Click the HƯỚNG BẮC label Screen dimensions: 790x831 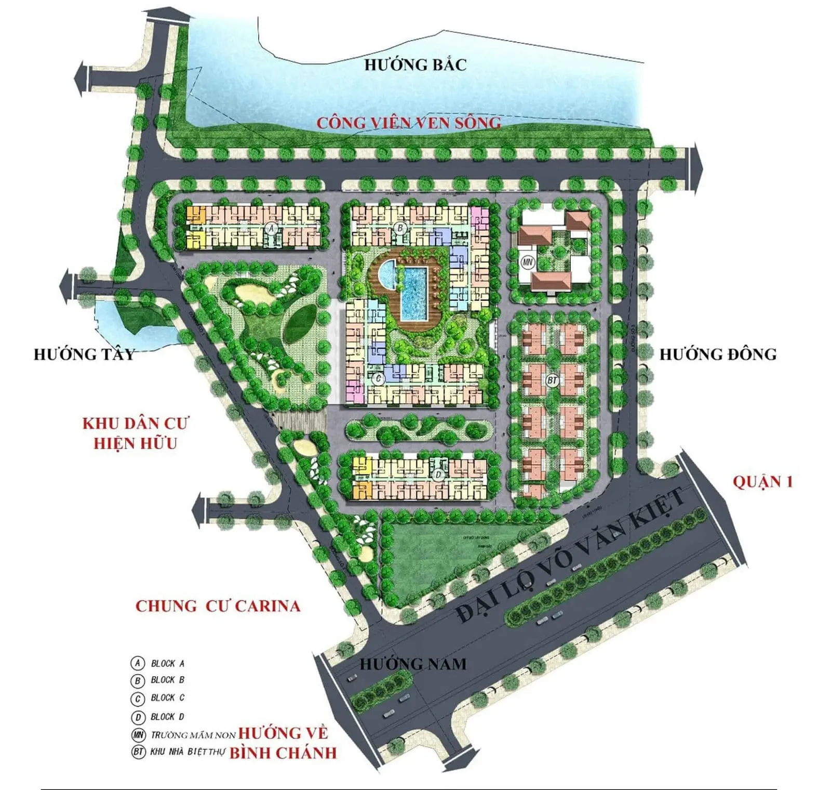pyautogui.click(x=415, y=65)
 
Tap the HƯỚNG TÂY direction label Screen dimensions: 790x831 pyautogui.click(x=84, y=354)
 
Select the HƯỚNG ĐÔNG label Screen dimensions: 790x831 pyautogui.click(x=718, y=354)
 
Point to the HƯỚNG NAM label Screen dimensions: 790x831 pyautogui.click(x=413, y=664)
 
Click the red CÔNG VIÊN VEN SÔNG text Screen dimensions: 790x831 pyautogui.click(x=409, y=123)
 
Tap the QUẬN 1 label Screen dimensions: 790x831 pyautogui.click(x=762, y=482)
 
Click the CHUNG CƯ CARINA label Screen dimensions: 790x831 pyautogui.click(x=218, y=606)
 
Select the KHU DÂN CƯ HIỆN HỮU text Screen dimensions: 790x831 pyautogui.click(x=136, y=433)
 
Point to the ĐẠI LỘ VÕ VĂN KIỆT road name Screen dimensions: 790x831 pyautogui.click(x=571, y=556)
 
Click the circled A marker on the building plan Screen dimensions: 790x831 pyautogui.click(x=270, y=228)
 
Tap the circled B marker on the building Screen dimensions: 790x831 pyautogui.click(x=400, y=228)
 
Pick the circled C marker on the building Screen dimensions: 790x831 pyautogui.click(x=378, y=378)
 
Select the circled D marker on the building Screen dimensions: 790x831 pyautogui.click(x=439, y=475)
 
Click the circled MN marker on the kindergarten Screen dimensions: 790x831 pyautogui.click(x=528, y=262)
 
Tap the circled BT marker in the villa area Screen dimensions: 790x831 pyautogui.click(x=552, y=380)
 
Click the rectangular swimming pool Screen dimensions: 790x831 pyautogui.click(x=414, y=293)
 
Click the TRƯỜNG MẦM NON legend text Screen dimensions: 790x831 pyautogui.click(x=193, y=735)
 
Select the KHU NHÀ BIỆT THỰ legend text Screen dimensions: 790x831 pyautogui.click(x=187, y=752)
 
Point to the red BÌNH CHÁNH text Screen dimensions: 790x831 pyautogui.click(x=283, y=753)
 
